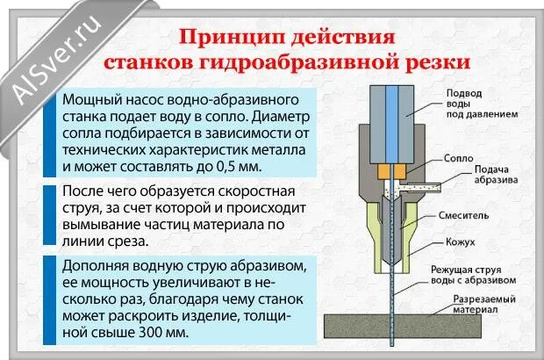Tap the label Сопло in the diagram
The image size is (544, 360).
point(459,159)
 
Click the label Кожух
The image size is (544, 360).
point(464,241)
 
